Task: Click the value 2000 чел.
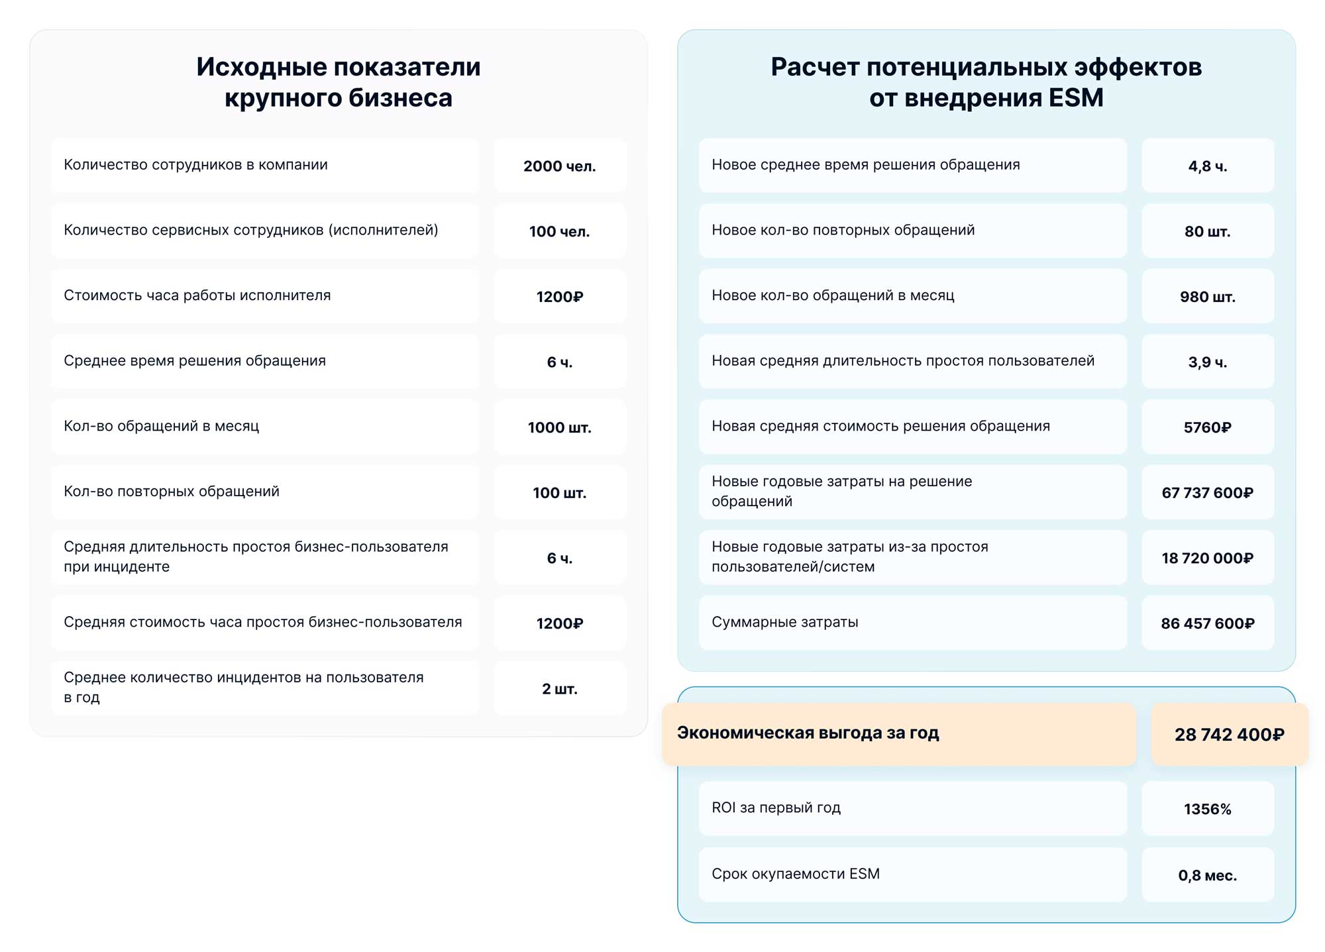559,166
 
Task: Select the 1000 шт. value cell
559,427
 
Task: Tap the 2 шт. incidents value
559,689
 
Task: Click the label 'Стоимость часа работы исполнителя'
197,295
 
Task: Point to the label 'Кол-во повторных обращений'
172,492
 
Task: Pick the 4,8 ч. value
1207,166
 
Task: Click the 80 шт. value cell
1207,231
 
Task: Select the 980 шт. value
1207,297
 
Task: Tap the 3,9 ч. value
1207,362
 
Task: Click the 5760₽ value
1207,427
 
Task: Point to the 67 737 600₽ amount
1207,493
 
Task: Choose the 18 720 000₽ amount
1207,558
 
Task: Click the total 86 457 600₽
1207,623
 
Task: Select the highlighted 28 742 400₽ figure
1229,735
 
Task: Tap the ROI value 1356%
1207,809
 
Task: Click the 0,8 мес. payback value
1207,875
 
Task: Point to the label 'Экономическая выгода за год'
808,733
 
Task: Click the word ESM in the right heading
1075,98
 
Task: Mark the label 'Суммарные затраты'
784,622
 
